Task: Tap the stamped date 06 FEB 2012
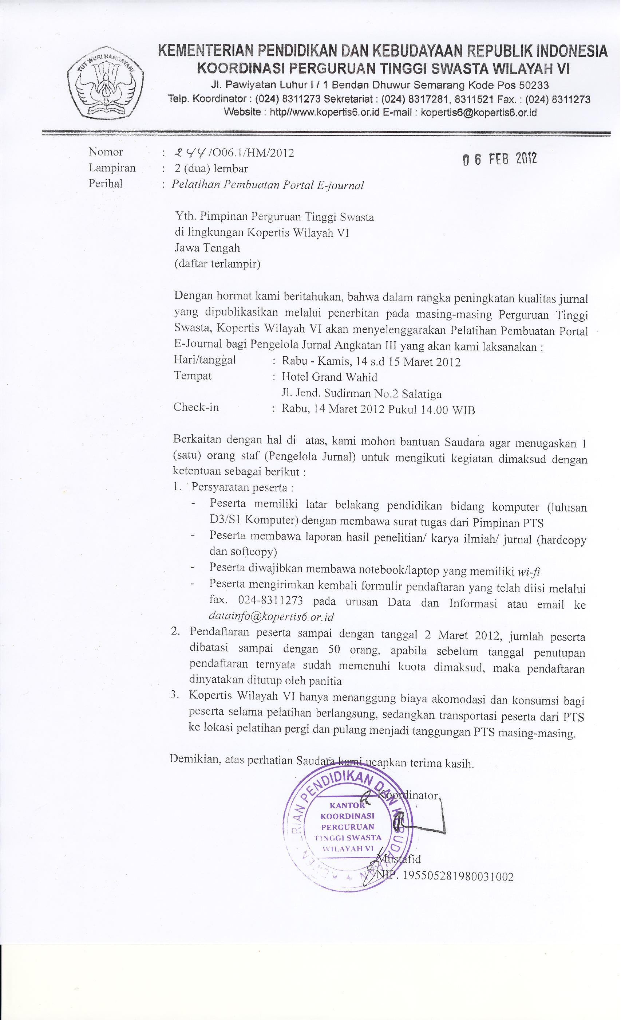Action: [x=499, y=159]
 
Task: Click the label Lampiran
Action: [x=112, y=168]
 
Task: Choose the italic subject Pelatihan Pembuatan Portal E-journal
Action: [x=268, y=185]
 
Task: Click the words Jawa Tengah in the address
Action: [x=207, y=248]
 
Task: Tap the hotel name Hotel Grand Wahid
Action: [x=329, y=377]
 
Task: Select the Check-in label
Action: [x=196, y=407]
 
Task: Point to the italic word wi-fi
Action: [x=529, y=572]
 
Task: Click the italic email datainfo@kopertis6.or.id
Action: [x=272, y=616]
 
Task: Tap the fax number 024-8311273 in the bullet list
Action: [x=270, y=601]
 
